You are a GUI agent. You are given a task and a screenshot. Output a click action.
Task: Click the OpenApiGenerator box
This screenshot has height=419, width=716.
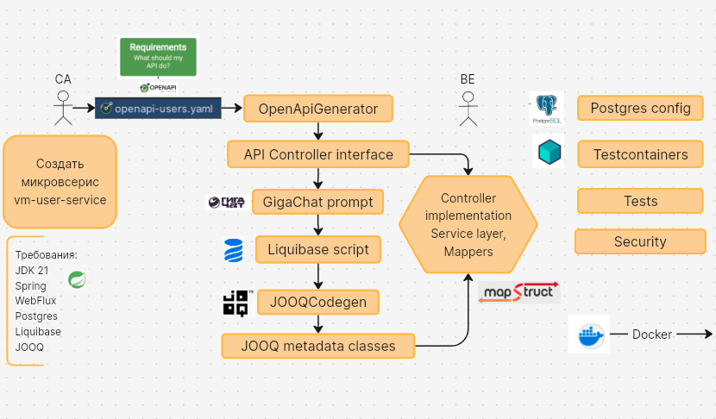318,109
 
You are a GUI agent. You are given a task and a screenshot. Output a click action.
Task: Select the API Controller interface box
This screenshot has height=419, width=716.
318,154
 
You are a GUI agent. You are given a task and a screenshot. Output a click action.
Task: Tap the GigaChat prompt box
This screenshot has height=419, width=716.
317,202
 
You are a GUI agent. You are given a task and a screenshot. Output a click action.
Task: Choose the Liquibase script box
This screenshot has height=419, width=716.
318,249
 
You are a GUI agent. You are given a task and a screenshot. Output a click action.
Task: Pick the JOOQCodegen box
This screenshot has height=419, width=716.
318,302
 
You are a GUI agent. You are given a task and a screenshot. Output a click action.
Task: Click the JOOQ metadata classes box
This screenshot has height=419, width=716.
318,346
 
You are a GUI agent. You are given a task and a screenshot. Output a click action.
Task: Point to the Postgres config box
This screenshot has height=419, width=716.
640,108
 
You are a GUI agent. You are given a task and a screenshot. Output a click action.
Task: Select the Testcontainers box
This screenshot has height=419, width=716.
640,154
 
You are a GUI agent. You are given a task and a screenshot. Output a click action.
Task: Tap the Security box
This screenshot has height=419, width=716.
640,241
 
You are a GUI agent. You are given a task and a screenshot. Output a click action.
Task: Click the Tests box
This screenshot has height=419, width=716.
640,201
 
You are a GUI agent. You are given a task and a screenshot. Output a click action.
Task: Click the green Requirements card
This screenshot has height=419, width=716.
158,57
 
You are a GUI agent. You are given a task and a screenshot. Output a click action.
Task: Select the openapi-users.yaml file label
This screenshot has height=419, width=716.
158,108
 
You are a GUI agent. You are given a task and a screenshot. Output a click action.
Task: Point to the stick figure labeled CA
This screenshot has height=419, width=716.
63,108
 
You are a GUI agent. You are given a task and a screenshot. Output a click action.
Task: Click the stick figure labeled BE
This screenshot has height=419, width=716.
468,109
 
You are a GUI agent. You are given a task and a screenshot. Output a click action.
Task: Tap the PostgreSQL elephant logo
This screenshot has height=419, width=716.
547,108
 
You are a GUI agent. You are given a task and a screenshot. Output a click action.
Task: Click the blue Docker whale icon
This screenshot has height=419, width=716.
589,335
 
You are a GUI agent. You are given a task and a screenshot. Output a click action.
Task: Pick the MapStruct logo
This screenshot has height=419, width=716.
518,292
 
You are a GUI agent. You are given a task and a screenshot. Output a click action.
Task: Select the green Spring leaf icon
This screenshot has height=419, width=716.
77,279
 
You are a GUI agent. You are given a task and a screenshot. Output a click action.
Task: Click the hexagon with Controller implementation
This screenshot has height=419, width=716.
468,224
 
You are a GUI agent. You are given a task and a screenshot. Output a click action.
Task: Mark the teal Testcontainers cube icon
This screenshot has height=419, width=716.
549,151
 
